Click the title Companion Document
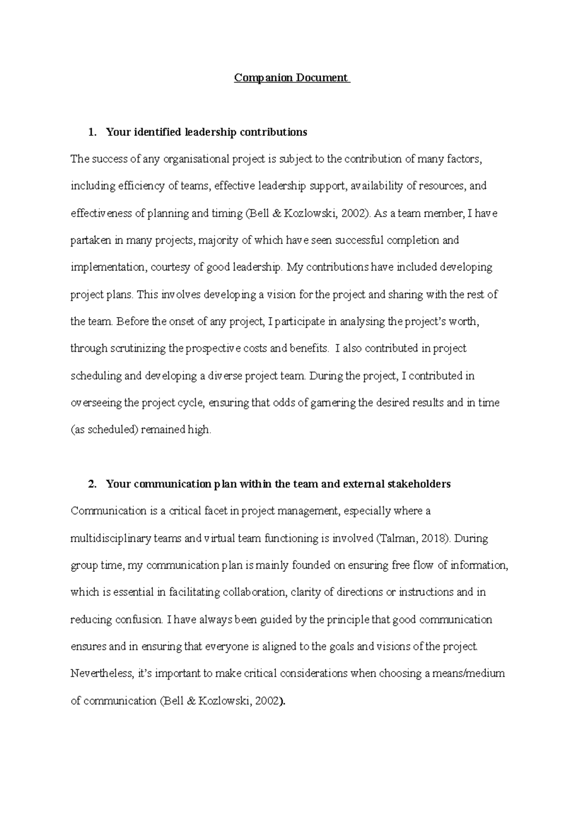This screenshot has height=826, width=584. [292, 78]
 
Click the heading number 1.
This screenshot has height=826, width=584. [91, 132]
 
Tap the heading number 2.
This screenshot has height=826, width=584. [91, 484]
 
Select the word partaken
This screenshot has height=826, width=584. [91, 240]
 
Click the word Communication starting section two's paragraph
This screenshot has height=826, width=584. [101, 511]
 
